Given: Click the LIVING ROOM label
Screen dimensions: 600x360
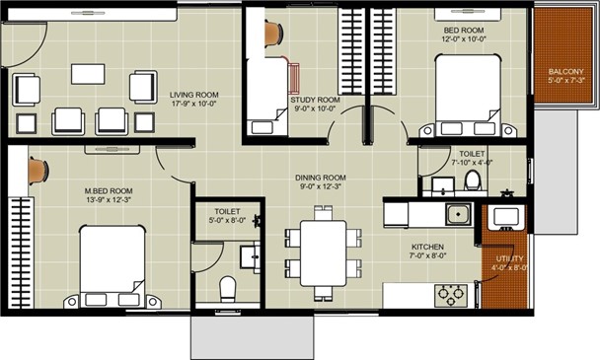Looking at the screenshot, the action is coord(194,95).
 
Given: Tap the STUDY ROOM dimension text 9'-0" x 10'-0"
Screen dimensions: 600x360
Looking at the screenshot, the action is coord(315,108).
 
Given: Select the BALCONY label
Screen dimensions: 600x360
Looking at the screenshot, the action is coord(565,72).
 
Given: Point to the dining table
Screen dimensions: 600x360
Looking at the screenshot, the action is coord(324,253).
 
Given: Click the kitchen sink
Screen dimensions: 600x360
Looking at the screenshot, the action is coord(459,214).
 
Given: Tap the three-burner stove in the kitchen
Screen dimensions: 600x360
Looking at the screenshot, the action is coord(451,295).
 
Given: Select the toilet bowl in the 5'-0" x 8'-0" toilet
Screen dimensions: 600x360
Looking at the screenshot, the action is coord(228,289).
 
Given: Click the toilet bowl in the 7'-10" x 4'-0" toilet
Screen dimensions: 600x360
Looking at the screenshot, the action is coord(473,180).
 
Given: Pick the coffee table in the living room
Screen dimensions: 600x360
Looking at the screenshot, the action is coord(88,74).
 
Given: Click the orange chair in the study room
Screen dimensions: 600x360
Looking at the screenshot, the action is coord(274,33).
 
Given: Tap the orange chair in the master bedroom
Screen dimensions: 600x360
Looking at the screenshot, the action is coord(38,171).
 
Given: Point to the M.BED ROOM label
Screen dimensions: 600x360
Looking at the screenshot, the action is coord(109,191).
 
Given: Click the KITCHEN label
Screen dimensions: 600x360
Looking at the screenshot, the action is coord(427,248).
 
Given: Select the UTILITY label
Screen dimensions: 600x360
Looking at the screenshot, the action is coord(509,259).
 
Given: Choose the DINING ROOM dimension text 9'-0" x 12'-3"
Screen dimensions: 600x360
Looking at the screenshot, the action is coord(321,186).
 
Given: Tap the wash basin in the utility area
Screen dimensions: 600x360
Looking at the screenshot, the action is coord(506,217).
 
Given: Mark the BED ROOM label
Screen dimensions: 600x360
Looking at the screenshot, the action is coord(464,31).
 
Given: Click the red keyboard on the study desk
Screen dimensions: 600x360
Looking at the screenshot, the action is coord(294,79).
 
